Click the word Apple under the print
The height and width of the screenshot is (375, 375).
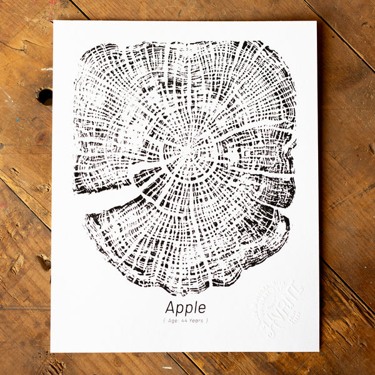click(185, 308)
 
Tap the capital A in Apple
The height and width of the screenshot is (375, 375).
click(170, 307)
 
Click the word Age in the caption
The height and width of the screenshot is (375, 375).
click(172, 321)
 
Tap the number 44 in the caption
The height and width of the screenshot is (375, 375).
click(185, 321)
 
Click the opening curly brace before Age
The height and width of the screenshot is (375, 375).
click(164, 321)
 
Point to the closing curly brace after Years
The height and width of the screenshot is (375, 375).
click(207, 321)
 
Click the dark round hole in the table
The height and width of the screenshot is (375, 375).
click(45, 96)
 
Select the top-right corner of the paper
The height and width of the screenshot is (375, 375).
click(316, 22)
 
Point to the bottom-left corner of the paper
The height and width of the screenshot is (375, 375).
click(51, 351)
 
